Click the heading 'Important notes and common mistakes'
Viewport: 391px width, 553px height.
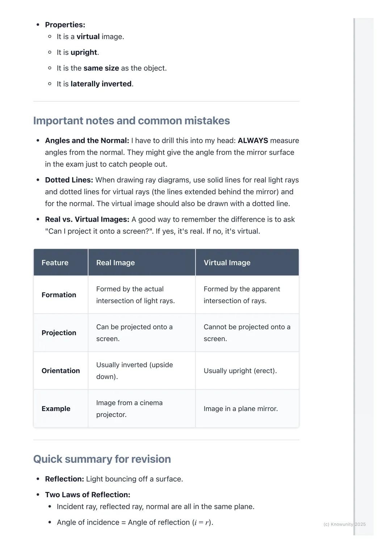(131, 121)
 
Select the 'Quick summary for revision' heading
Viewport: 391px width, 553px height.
(102, 459)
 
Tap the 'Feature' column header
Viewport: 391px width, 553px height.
(55, 263)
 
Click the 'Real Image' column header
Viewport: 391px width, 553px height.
(115, 263)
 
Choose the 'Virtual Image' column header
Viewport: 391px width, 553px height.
(227, 263)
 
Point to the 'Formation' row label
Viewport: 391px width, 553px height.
(59, 295)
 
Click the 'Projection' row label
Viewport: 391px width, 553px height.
(59, 333)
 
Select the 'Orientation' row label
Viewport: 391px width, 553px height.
(61, 371)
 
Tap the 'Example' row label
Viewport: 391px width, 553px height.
(56, 409)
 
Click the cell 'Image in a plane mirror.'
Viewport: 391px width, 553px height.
(241, 409)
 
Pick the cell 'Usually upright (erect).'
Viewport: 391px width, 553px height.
(240, 371)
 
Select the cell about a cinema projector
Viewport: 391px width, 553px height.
(129, 409)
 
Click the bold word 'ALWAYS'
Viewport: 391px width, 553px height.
(253, 141)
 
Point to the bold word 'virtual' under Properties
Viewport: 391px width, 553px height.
(88, 37)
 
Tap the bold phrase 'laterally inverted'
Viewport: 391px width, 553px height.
(101, 84)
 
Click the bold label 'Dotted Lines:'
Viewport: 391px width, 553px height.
(69, 180)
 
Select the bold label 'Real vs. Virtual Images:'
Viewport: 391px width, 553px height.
(87, 220)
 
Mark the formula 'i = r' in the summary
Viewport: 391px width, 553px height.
(202, 523)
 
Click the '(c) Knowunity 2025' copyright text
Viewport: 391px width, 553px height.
(344, 524)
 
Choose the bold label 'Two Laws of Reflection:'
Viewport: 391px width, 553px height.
(88, 495)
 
